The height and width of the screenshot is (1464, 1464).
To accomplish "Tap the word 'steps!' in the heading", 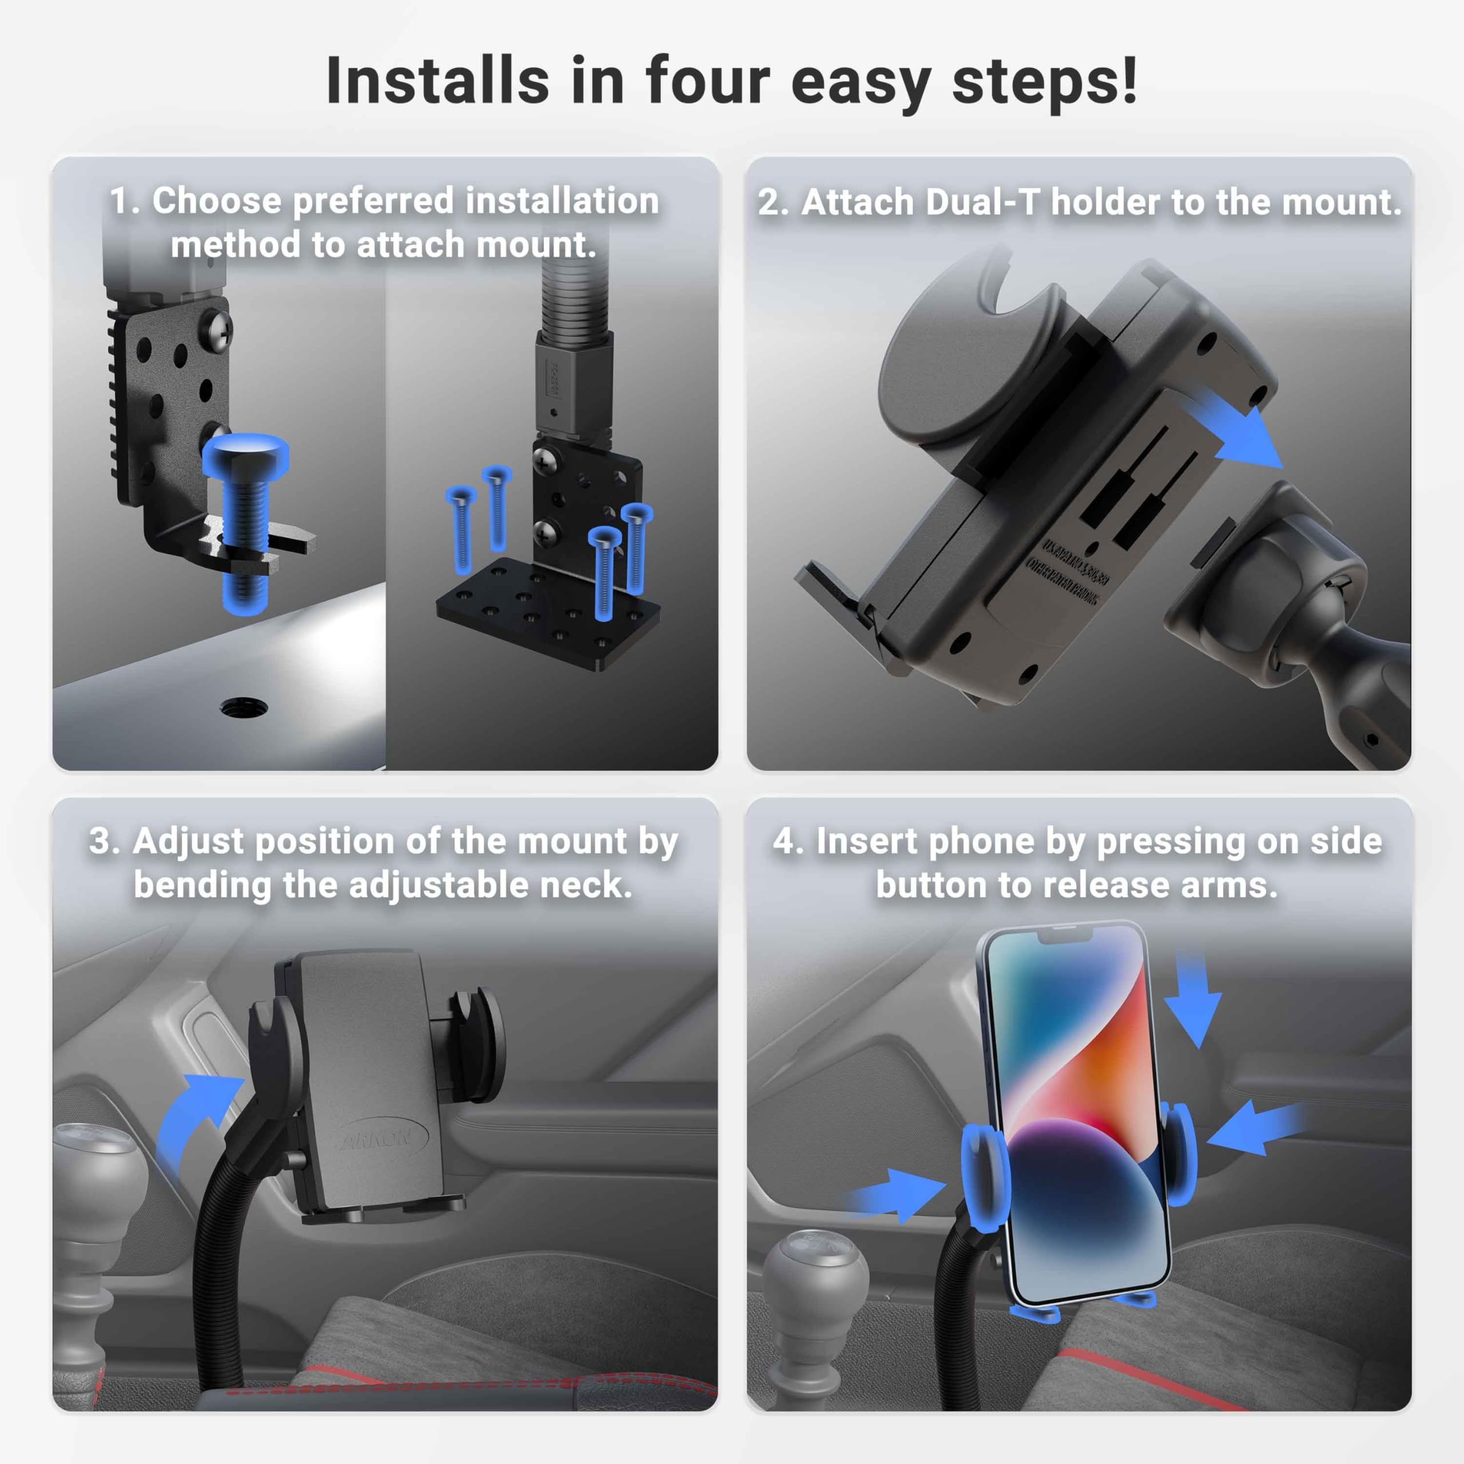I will pos(1044,82).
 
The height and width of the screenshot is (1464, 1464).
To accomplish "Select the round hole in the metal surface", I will pos(243,709).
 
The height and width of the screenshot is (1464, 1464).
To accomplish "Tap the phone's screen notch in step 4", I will pos(1065,937).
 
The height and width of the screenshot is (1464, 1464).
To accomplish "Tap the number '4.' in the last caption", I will pos(789,841).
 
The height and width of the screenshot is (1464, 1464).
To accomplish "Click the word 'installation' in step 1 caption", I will pos(562,201).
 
